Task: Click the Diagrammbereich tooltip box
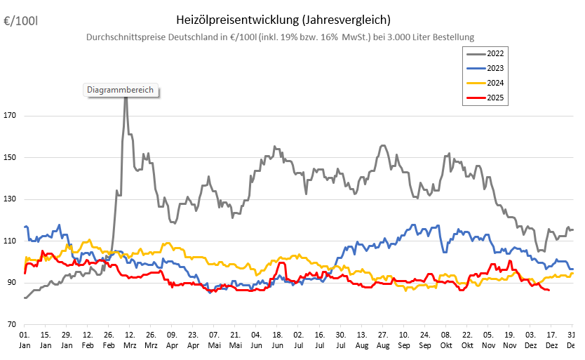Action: click(x=120, y=90)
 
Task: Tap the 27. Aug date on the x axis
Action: click(x=382, y=340)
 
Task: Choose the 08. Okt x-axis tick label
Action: click(x=446, y=340)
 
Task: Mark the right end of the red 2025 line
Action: click(x=549, y=290)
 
